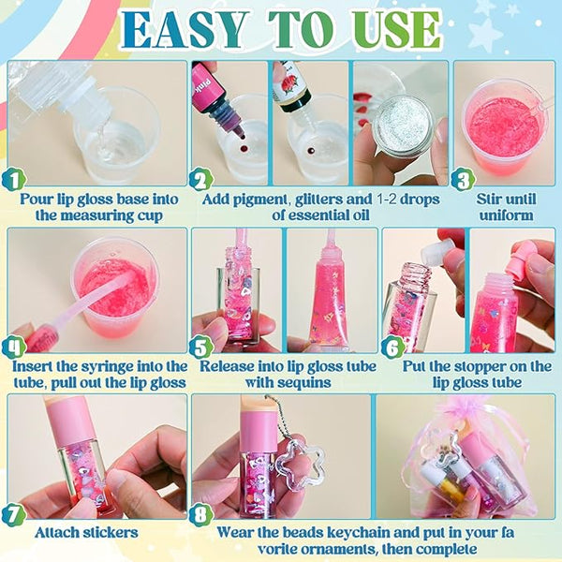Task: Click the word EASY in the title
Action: click(185, 30)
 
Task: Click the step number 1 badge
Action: click(14, 180)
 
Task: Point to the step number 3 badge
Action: click(463, 180)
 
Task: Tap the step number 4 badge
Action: click(14, 347)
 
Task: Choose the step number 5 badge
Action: click(201, 347)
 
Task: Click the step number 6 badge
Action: click(392, 347)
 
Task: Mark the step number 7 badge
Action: click(14, 514)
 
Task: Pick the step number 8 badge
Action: click(201, 514)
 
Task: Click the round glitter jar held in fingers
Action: click(403, 127)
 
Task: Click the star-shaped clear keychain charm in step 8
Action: click(303, 461)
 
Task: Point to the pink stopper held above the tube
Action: click(526, 259)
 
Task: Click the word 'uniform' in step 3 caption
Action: click(506, 215)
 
